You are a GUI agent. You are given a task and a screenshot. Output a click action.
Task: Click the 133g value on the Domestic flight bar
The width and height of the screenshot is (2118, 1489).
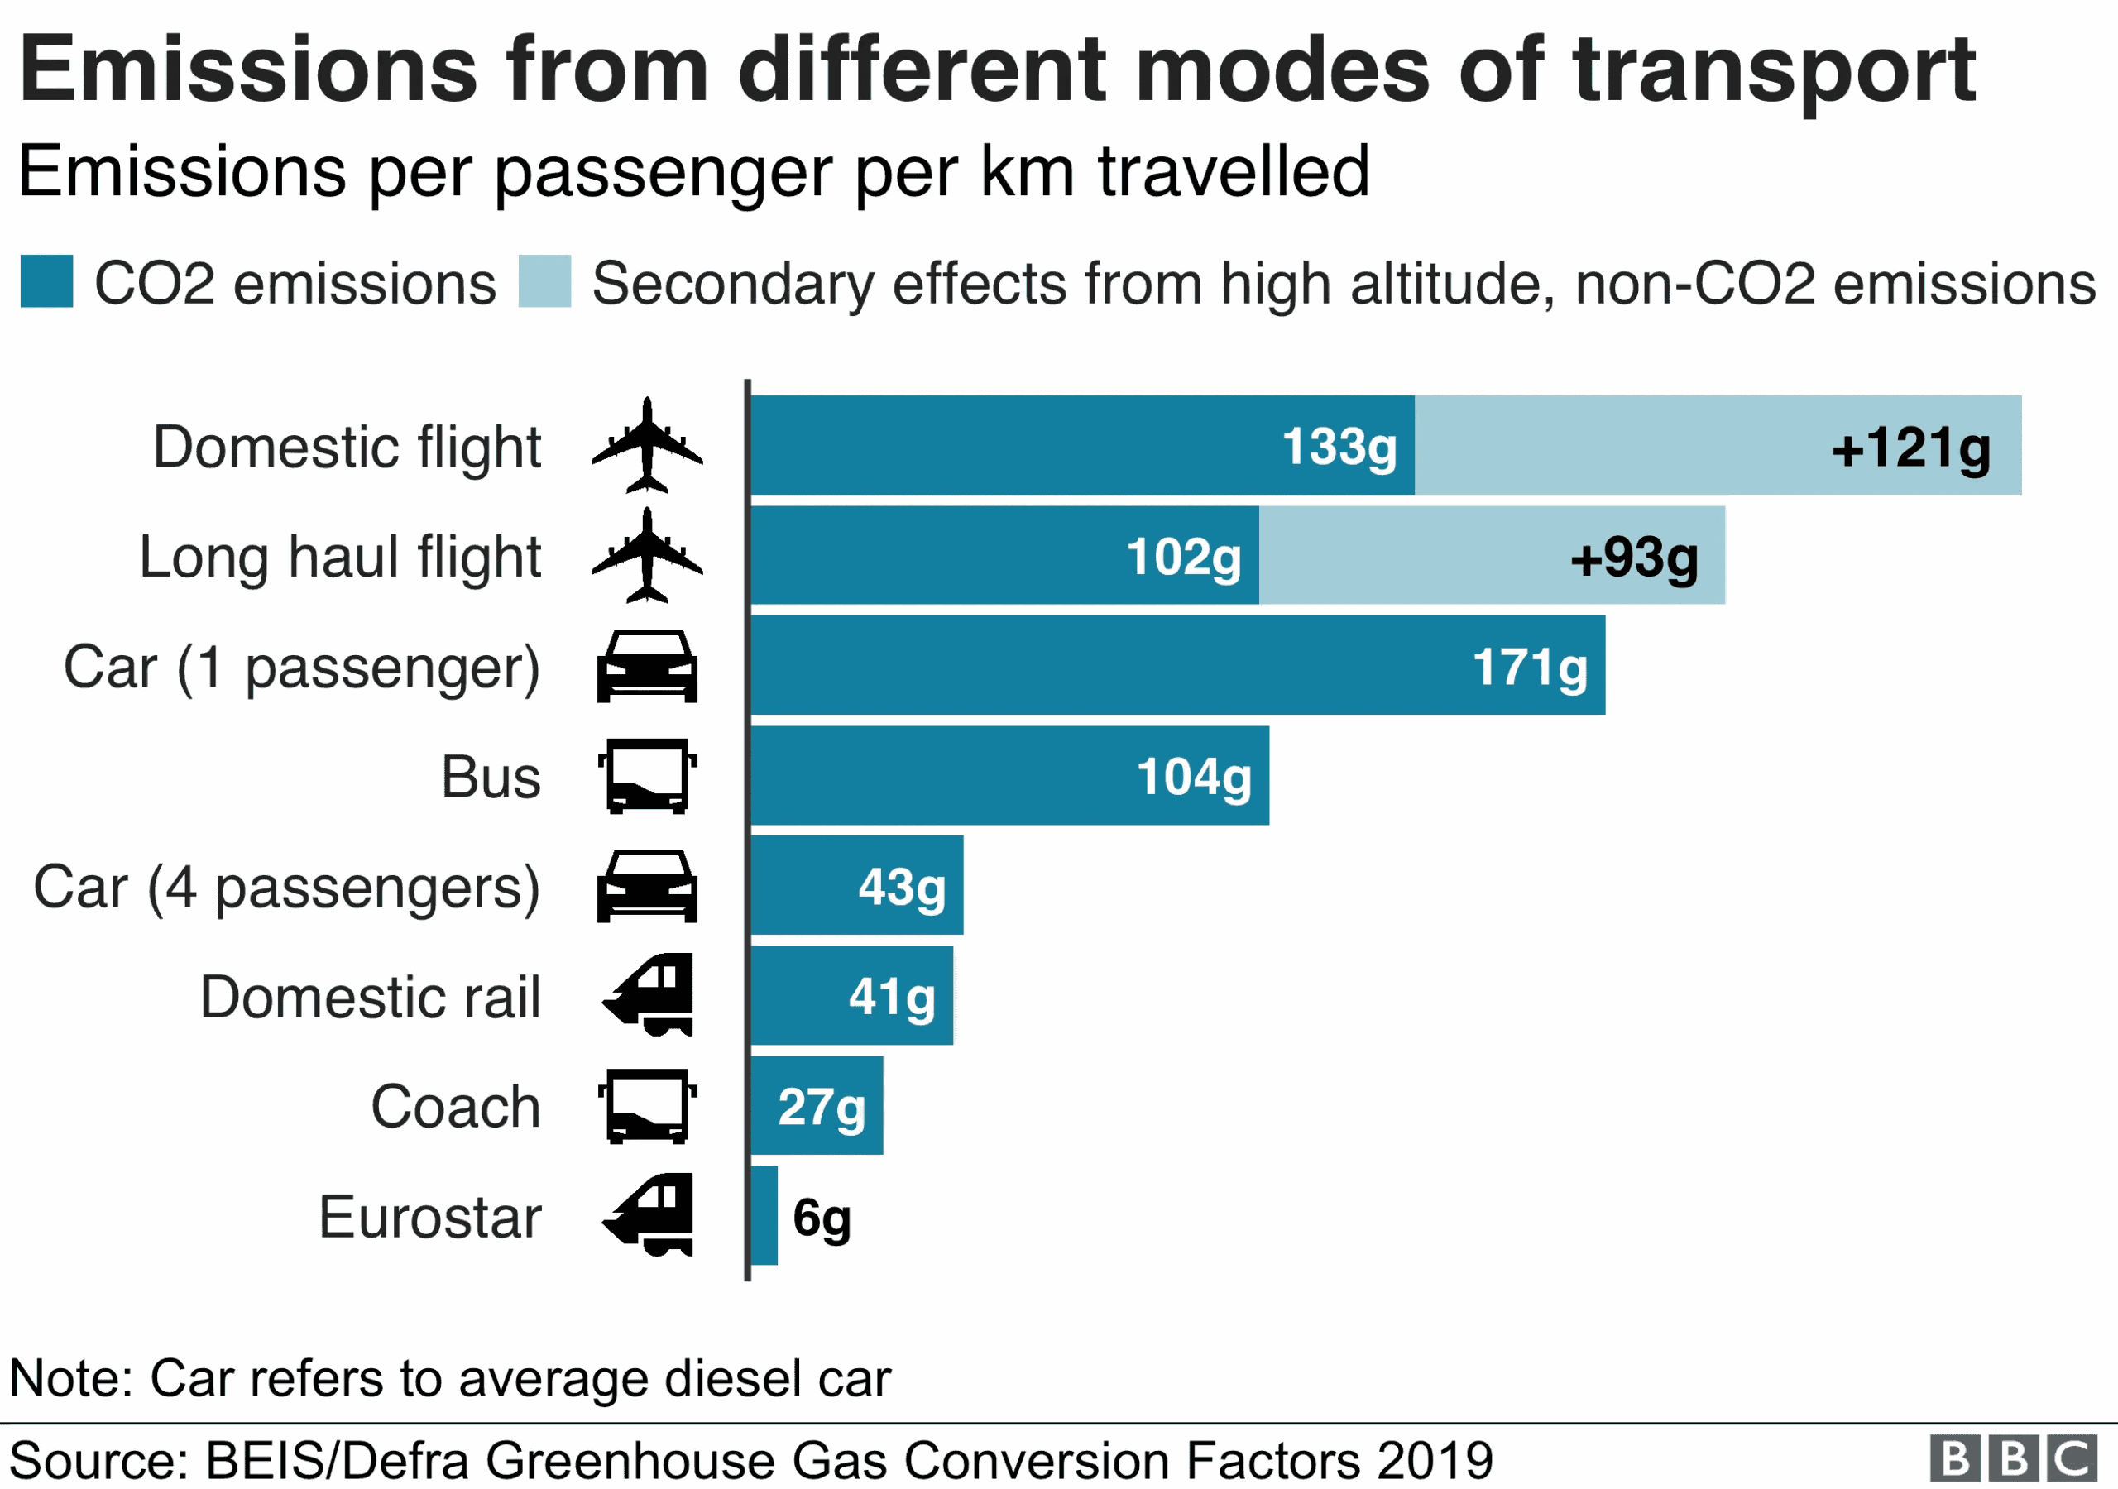pyautogui.click(x=1339, y=448)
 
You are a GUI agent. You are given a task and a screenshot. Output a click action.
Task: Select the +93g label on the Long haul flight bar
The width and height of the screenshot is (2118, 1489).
pyautogui.click(x=1634, y=558)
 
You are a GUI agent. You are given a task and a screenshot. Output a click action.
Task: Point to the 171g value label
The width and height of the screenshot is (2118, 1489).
pyautogui.click(x=1530, y=667)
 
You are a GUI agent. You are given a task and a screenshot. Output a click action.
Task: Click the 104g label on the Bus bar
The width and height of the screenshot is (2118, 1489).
pyautogui.click(x=1194, y=777)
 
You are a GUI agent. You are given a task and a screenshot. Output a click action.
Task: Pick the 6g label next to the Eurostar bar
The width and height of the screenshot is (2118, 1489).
pyautogui.click(x=821, y=1218)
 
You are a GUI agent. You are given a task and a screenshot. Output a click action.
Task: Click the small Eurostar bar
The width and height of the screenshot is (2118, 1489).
pyautogui.click(x=764, y=1216)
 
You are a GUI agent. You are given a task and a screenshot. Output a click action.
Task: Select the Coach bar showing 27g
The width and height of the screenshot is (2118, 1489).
pyautogui.click(x=817, y=1106)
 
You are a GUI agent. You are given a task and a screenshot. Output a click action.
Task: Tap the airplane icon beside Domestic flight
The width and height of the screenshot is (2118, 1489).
pyautogui.click(x=647, y=446)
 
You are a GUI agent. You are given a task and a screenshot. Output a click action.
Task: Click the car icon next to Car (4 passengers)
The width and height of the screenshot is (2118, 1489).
pyautogui.click(x=647, y=887)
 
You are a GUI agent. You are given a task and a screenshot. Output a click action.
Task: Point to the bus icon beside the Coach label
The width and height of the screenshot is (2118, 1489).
pyautogui.click(x=647, y=1106)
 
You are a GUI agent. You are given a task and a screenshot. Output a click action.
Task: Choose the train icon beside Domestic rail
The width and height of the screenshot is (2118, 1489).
pyautogui.click(x=649, y=994)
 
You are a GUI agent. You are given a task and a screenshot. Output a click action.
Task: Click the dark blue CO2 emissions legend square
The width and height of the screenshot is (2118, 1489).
pyautogui.click(x=47, y=281)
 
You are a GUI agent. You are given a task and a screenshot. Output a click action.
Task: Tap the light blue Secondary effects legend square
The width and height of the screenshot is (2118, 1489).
pyautogui.click(x=544, y=281)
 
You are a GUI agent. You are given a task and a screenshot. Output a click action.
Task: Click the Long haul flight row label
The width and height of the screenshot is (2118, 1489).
pyautogui.click(x=339, y=558)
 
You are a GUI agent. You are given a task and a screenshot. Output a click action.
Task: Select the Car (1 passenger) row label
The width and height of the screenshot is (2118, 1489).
pyautogui.click(x=302, y=667)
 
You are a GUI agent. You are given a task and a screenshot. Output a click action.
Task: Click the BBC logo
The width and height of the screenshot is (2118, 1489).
pyautogui.click(x=2013, y=1458)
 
